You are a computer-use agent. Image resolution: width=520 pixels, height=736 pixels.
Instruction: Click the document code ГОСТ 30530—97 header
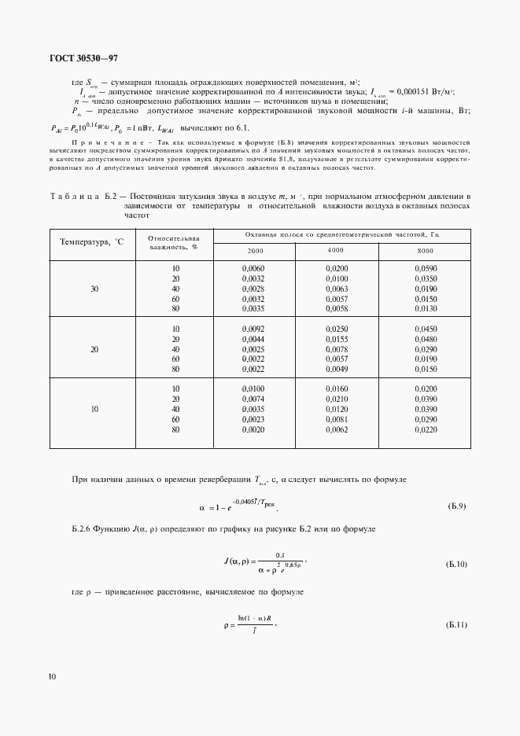[83, 58]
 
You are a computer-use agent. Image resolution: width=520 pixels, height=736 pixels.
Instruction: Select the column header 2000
[255, 249]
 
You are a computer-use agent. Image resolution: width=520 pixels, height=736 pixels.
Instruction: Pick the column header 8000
[426, 249]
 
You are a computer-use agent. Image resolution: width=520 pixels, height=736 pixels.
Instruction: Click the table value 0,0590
[426, 269]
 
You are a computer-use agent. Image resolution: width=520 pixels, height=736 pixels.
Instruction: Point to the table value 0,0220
[426, 430]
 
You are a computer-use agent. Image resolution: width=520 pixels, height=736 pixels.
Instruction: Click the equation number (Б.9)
[456, 506]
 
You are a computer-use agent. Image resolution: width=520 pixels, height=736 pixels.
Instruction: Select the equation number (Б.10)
[455, 565]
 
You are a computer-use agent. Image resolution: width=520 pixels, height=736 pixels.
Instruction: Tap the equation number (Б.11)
[455, 625]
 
